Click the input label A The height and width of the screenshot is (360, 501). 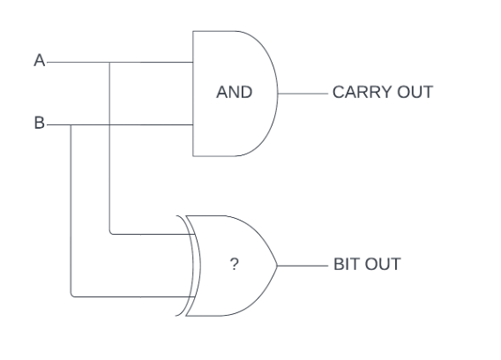point(40,60)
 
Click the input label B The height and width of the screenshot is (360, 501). point(40,124)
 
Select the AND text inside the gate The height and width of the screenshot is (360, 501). point(235,92)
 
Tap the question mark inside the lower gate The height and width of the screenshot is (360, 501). point(235,265)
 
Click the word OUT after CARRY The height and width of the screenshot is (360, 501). point(415,92)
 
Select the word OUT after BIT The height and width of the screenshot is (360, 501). point(383,265)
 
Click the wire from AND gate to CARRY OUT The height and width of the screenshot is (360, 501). point(303,94)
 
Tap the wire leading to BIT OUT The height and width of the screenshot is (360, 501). point(303,266)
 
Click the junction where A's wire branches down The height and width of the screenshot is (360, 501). point(109,63)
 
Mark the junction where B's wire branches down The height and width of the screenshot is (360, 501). point(71,125)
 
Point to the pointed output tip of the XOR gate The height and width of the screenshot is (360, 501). point(277,266)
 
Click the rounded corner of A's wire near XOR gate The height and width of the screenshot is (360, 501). point(111,233)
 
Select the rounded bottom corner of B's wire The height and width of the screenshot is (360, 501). point(72,296)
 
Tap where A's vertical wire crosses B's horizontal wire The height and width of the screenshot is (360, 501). point(109,125)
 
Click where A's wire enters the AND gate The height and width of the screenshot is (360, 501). point(193,63)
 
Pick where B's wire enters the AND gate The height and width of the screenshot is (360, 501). point(193,125)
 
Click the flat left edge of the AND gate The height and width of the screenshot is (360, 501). point(193,94)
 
